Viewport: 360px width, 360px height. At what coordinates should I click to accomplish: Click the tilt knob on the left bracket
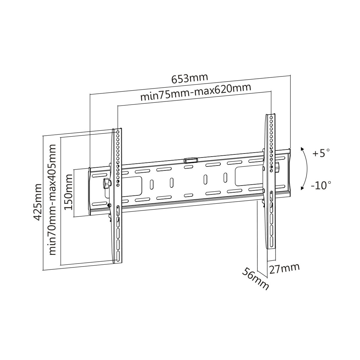point(106,184)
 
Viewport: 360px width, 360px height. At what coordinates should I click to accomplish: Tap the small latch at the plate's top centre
point(191,161)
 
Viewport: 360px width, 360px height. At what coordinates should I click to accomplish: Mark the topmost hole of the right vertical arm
point(271,117)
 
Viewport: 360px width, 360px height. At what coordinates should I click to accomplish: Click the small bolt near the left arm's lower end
point(109,205)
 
